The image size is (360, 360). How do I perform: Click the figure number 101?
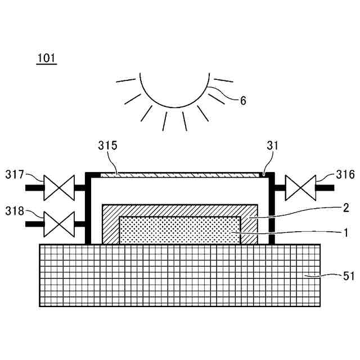tap(47, 58)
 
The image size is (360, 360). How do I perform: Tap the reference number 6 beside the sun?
tap(242, 101)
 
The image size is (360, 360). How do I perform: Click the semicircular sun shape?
tap(175, 90)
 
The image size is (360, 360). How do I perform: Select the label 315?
tap(107, 146)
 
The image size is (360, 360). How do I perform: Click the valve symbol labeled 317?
tap(59, 187)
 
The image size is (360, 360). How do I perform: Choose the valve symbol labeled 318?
tap(59, 224)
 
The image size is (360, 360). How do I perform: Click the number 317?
tap(15, 174)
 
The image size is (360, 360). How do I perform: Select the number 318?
tap(15, 211)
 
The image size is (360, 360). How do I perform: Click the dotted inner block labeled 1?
tap(180, 231)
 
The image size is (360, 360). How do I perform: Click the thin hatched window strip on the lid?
tap(180, 175)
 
